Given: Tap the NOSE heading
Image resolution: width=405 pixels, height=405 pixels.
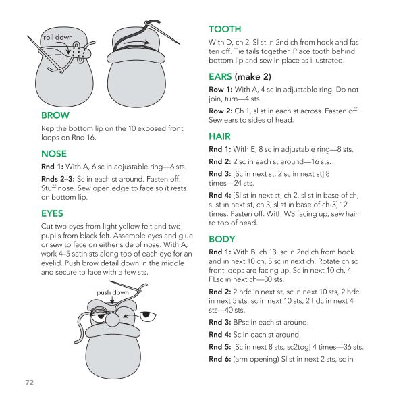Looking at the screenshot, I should (x=54, y=154).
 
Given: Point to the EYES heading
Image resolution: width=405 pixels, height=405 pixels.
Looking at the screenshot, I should (x=54, y=213).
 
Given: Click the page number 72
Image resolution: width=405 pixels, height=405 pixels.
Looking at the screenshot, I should (x=29, y=383).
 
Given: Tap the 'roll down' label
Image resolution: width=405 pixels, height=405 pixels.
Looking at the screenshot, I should (x=57, y=37).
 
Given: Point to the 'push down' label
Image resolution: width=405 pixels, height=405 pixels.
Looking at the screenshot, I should (x=112, y=293).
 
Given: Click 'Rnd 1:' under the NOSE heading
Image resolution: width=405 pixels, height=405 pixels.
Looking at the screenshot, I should (x=53, y=166).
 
